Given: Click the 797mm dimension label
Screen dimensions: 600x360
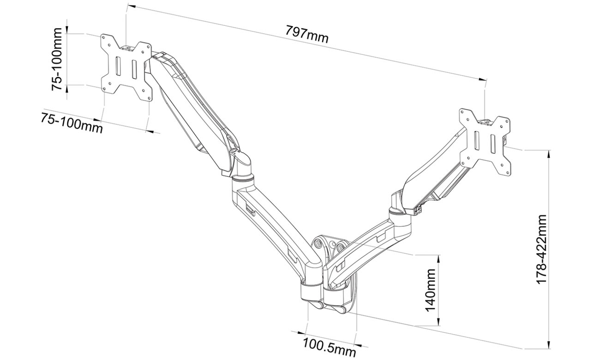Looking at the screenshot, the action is [x=307, y=34].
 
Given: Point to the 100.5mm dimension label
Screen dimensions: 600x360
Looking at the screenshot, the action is [x=329, y=348].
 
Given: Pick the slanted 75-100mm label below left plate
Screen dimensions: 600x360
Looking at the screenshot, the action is [x=72, y=123].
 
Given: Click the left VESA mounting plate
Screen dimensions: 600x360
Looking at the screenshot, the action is [x=126, y=67].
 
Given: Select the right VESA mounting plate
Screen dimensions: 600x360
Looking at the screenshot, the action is [x=485, y=142].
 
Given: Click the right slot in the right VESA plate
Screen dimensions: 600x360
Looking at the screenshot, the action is [x=493, y=144].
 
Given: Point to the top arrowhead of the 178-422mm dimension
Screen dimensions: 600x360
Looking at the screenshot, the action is [x=549, y=154].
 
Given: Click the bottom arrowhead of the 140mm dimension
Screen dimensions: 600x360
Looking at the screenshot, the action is [x=438, y=322].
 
